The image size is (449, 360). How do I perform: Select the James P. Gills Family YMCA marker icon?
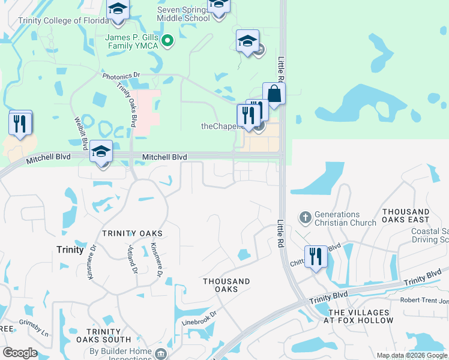(168, 41)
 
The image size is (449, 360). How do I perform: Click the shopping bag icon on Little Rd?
(274, 94)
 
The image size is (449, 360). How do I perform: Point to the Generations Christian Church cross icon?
(305, 217)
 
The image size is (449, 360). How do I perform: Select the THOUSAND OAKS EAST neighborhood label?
(406, 216)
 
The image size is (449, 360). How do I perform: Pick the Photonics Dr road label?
(121, 76)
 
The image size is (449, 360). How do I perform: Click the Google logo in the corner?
(20, 353)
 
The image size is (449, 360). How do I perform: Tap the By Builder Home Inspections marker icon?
(160, 353)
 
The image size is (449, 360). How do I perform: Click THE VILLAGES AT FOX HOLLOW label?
(361, 316)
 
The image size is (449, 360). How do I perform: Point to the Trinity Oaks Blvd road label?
(126, 104)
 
